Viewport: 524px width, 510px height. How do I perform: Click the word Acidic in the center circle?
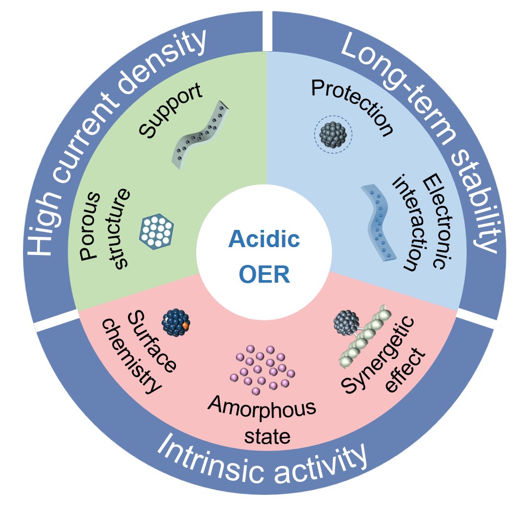pos(265,240)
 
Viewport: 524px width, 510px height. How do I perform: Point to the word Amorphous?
pos(261,411)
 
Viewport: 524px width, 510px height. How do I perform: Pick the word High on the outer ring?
pos(41,230)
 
